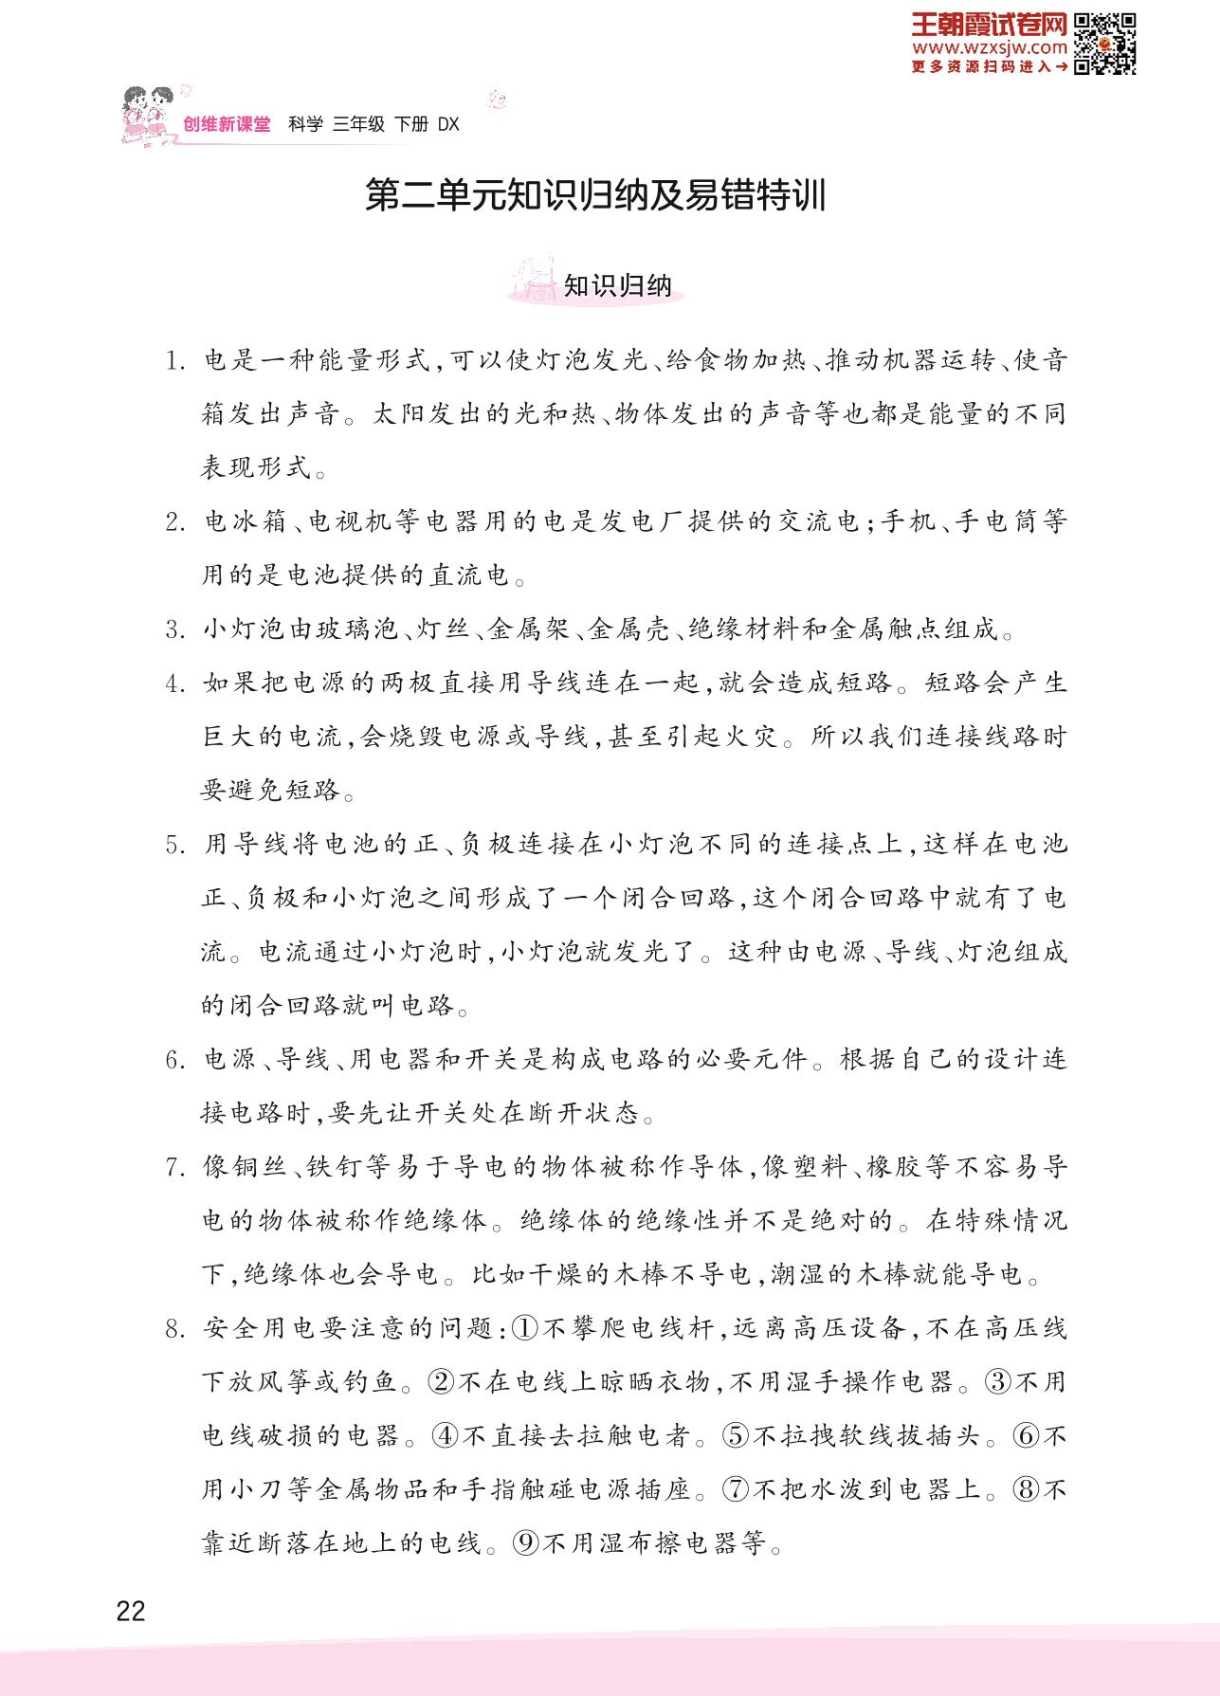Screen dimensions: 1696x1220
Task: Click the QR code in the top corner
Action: pos(1105,44)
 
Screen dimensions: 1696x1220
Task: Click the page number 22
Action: pos(130,1611)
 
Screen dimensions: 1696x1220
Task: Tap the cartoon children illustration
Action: pos(148,114)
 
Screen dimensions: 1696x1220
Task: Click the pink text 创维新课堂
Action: pos(227,124)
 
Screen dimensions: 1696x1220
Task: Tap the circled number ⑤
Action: pos(736,1435)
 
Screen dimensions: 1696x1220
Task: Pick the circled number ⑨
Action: pos(527,1543)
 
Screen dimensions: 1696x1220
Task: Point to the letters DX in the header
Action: pos(448,124)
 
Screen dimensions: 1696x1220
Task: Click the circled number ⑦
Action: pos(736,1489)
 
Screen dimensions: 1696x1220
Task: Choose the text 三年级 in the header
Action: pos(359,124)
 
